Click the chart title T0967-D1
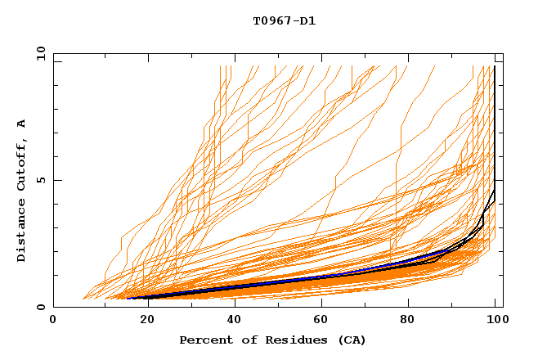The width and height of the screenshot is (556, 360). coord(284,20)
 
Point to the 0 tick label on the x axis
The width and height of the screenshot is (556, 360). coord(53,321)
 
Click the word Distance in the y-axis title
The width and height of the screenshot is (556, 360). coord(22,233)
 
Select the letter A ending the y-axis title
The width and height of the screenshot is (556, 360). coord(22,124)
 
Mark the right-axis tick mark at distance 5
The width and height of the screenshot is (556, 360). coord(500,180)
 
